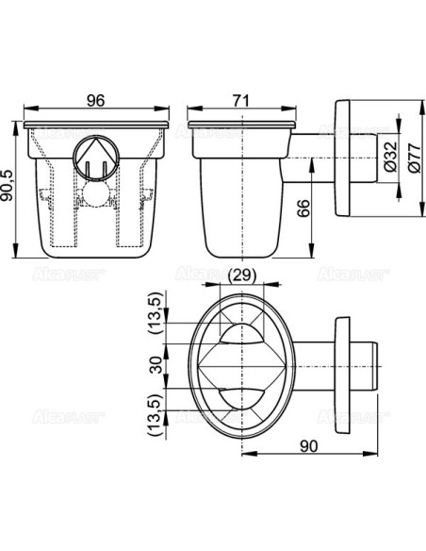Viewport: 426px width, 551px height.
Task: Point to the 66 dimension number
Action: click(x=303, y=209)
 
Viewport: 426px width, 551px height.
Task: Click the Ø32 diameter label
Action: click(x=386, y=161)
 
